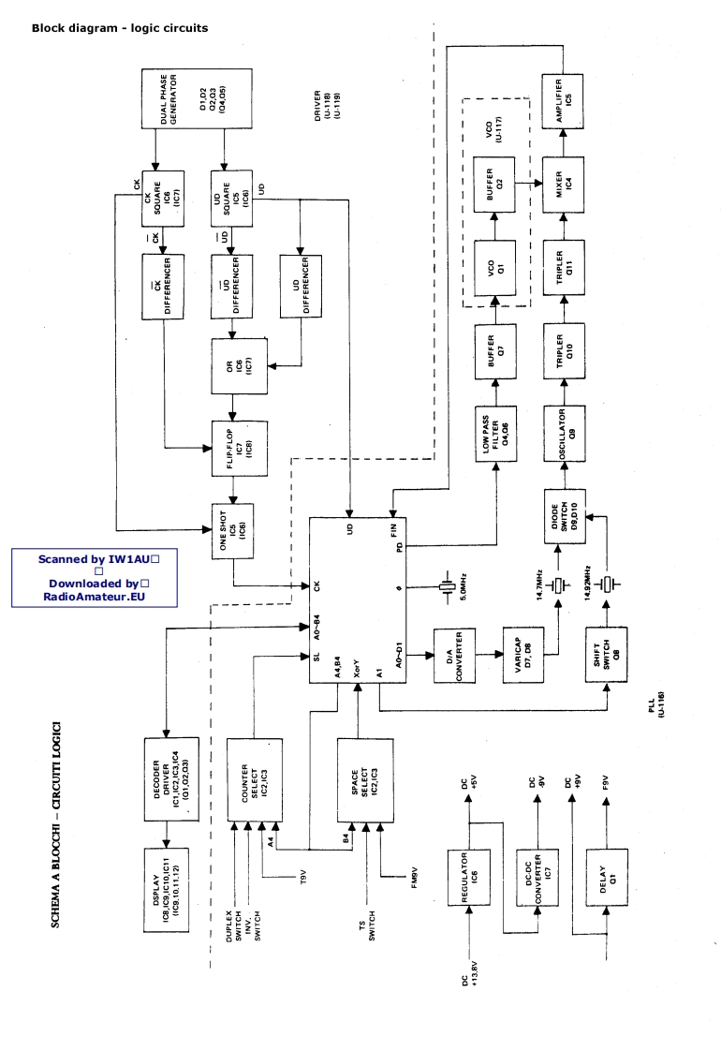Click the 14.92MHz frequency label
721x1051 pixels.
[587, 585]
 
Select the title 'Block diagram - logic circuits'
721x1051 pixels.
[120, 28]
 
